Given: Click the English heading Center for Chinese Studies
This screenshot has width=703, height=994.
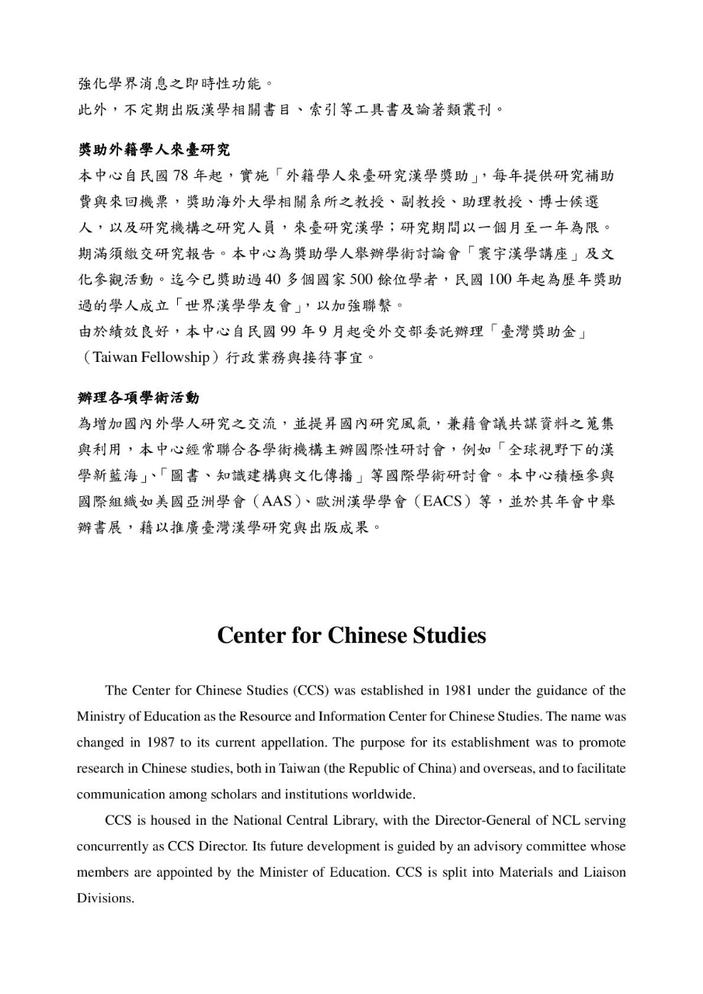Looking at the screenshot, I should (351, 635).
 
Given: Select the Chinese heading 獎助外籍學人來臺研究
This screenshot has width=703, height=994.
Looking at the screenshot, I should (154, 149).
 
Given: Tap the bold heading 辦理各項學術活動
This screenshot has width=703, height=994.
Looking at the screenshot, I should (138, 398).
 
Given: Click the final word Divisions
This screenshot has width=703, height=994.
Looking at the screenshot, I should (105, 898).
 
